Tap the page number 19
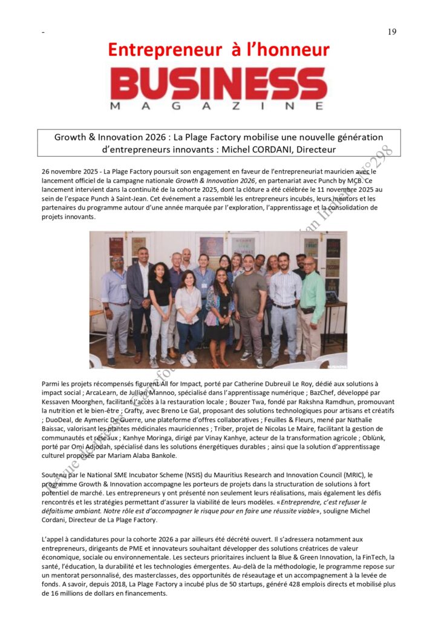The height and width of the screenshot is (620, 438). click(x=392, y=31)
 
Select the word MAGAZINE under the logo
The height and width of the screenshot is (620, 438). click(x=218, y=106)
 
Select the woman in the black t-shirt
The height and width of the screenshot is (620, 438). click(x=160, y=309)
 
